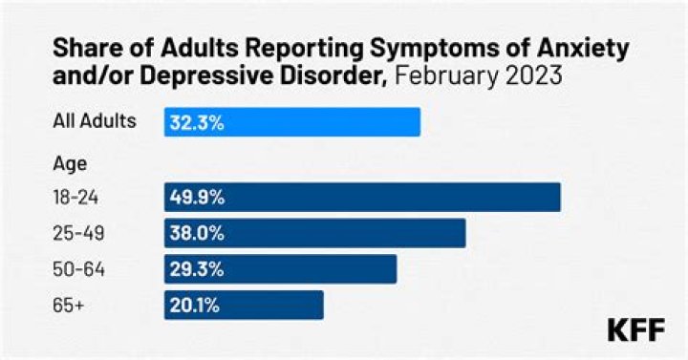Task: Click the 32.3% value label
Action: tap(197, 122)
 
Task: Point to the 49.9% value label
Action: tap(198, 197)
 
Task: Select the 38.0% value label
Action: tap(198, 233)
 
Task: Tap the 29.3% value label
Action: tap(197, 269)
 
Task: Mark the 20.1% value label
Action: tap(196, 306)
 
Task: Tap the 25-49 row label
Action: tap(75, 233)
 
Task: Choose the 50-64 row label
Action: tap(75, 269)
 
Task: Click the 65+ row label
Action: tap(68, 306)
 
